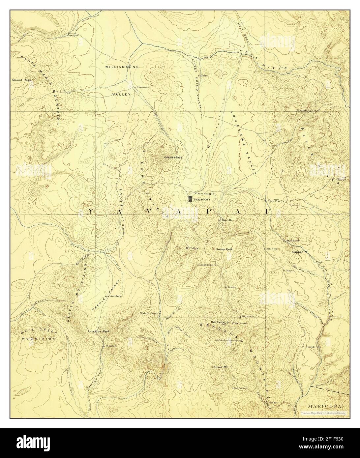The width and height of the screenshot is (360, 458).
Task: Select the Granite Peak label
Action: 173,157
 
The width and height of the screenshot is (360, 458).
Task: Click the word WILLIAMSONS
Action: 122,67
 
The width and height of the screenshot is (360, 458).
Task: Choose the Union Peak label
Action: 224,249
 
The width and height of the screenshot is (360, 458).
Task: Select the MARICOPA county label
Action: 324,407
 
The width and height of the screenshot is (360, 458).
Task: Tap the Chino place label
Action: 204,75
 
